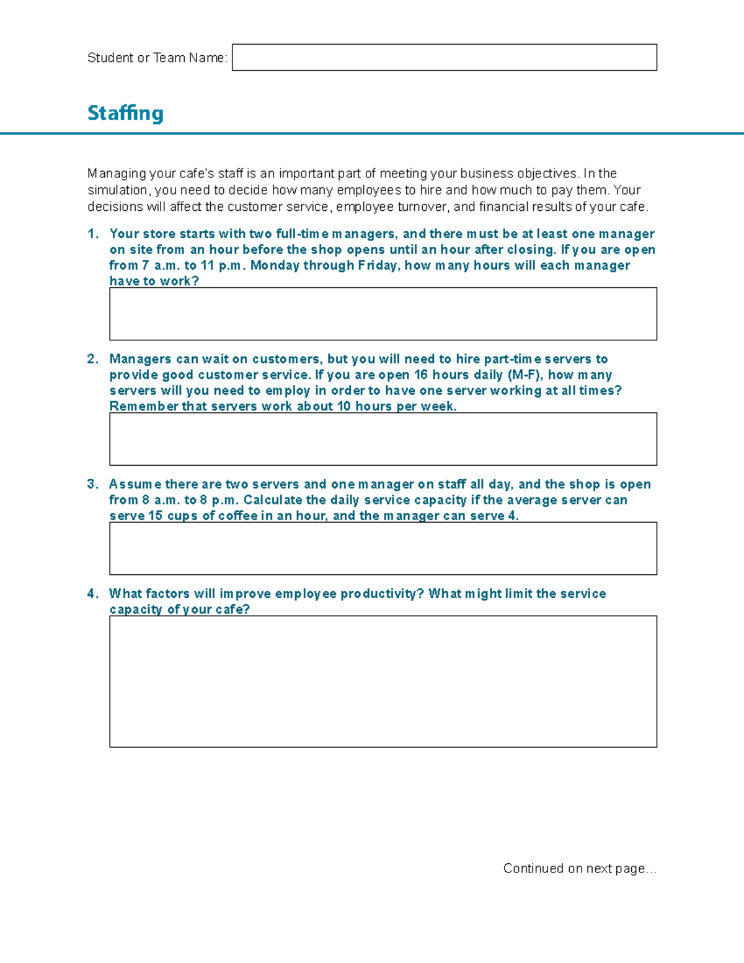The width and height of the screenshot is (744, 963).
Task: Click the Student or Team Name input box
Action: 444,58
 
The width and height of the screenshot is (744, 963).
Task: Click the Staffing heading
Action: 125,113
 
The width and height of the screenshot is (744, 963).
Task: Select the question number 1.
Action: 93,234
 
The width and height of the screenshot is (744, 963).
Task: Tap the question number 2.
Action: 93,359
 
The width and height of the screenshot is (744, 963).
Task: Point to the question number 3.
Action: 93,484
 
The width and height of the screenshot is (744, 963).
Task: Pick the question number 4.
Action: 93,593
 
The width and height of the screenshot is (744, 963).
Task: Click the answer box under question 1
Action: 383,314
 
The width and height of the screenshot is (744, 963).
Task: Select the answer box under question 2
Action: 383,439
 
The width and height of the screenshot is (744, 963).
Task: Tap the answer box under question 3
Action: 383,548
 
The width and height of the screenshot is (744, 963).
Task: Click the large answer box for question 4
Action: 383,681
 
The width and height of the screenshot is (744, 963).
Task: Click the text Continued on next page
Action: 579,868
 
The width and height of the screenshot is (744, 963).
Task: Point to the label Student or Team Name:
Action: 157,58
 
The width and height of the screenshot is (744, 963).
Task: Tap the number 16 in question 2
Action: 421,375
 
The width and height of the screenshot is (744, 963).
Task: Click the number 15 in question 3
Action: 155,516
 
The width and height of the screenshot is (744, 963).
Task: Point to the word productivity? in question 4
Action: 382,593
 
